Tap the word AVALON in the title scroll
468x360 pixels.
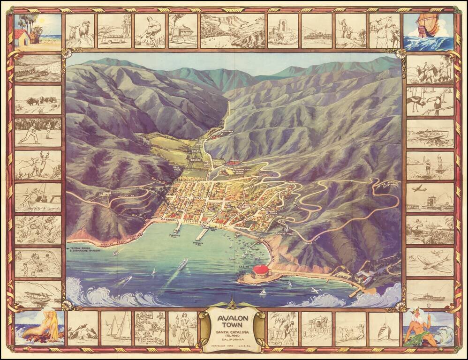coord(233,317)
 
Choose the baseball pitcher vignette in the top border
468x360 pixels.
coord(150,30)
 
